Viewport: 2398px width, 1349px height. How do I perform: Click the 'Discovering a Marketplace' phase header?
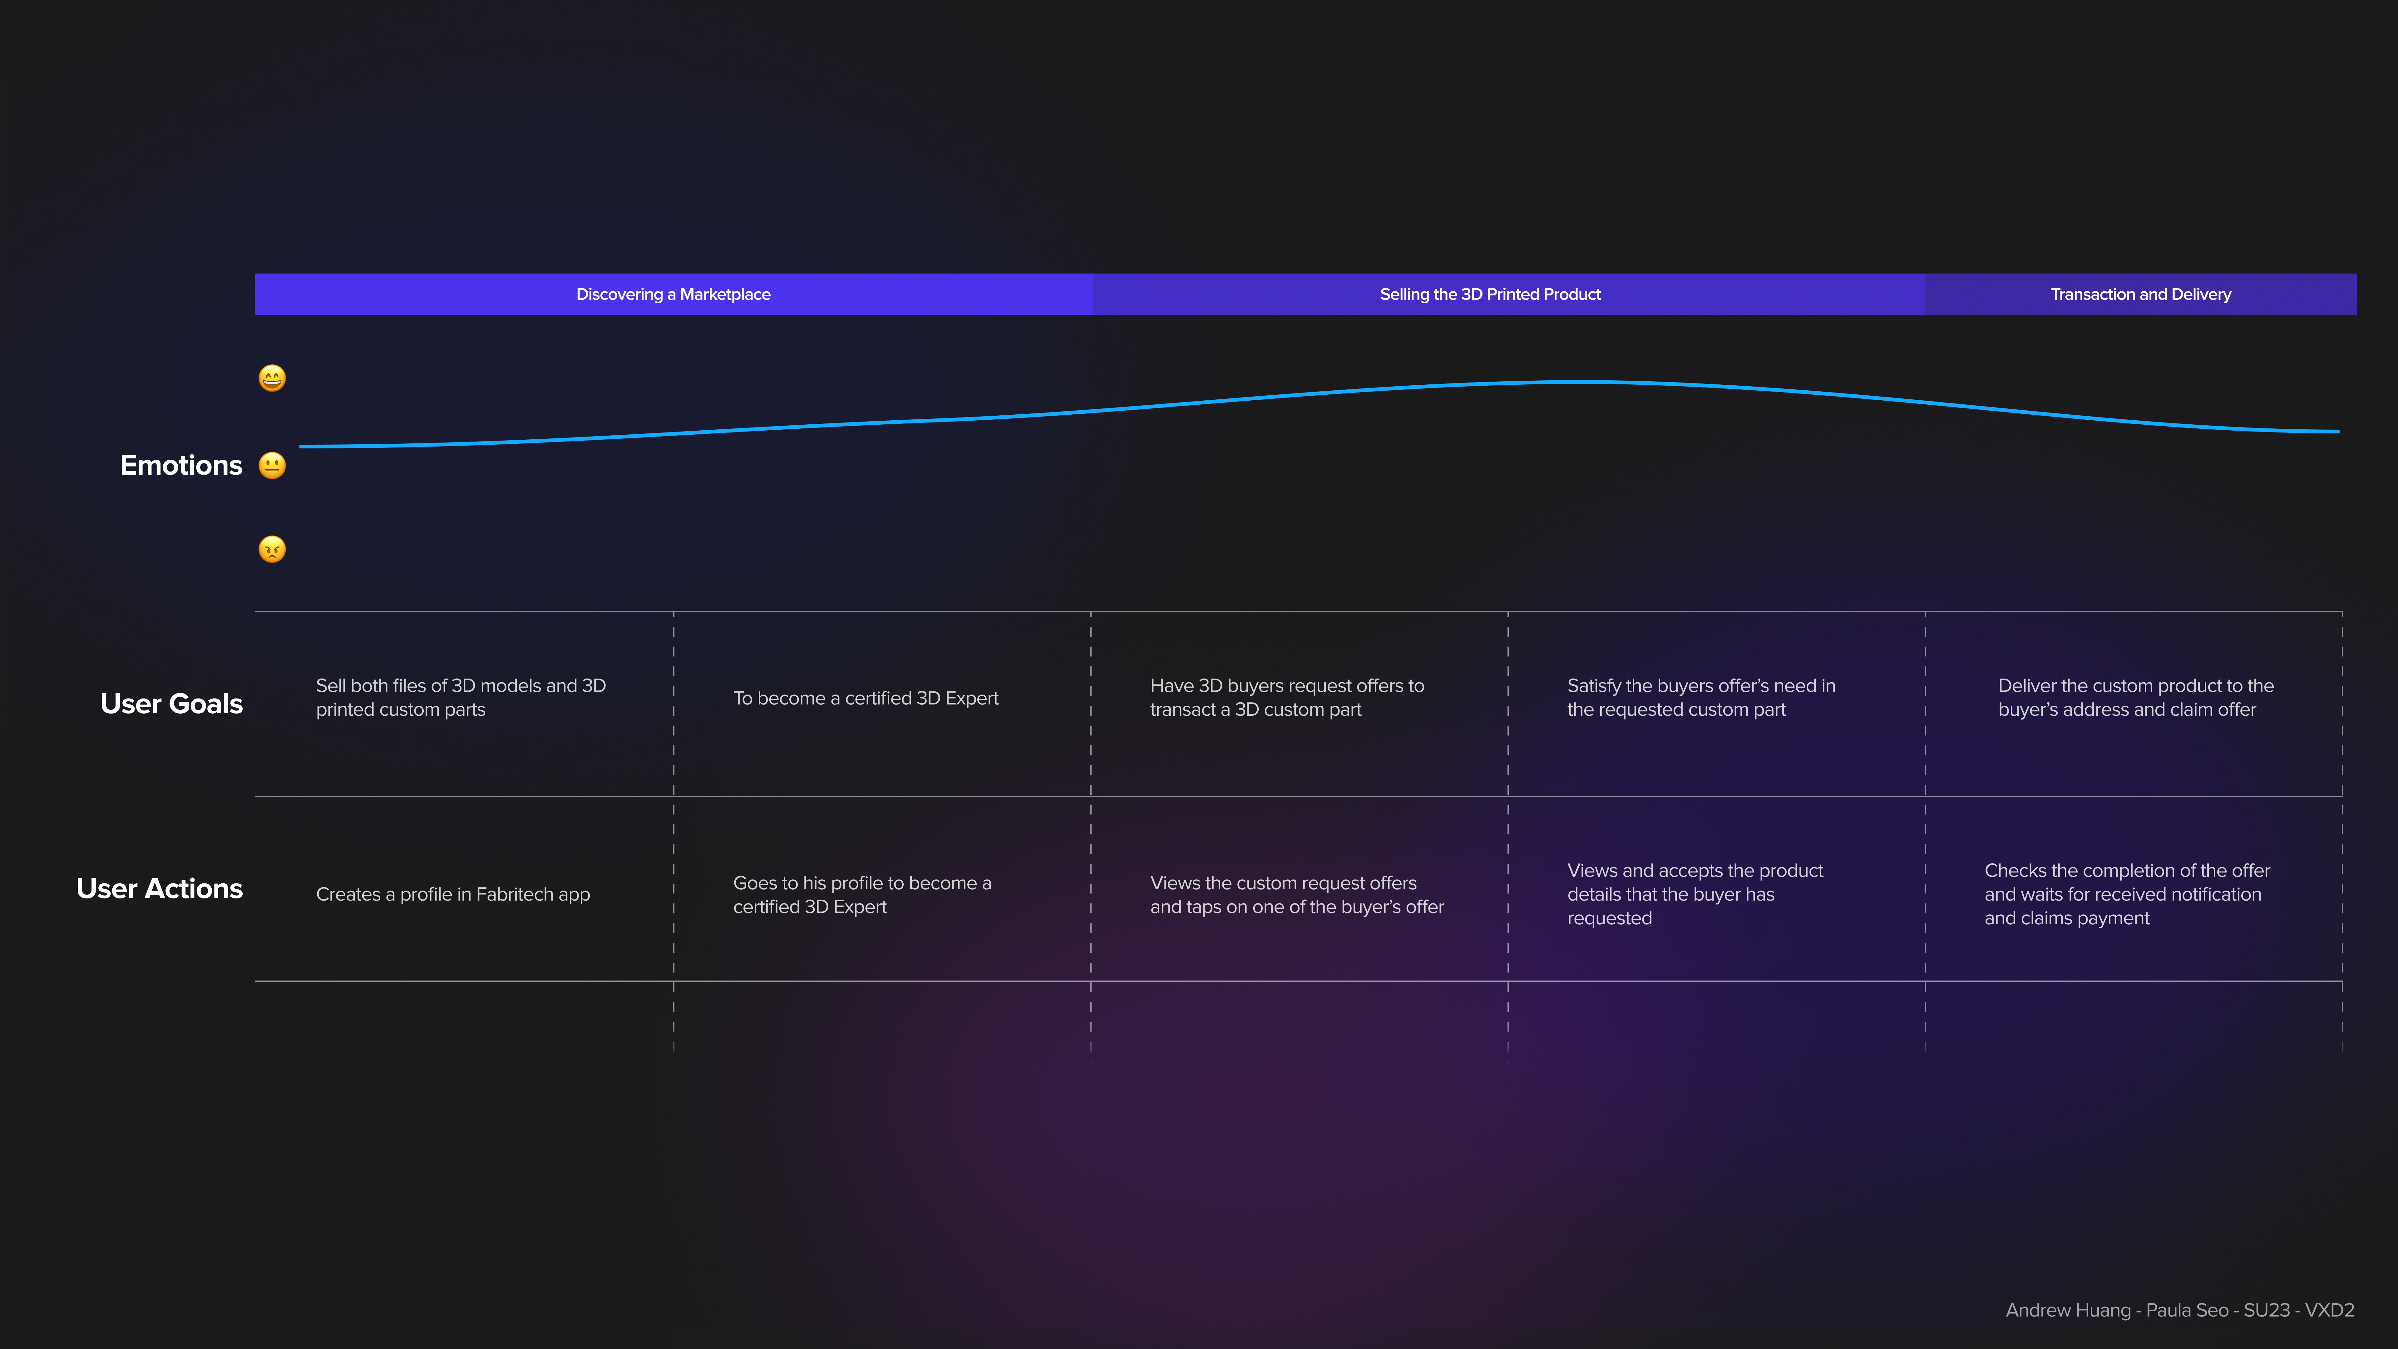(x=673, y=294)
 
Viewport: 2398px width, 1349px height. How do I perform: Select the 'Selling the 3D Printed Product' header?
(x=1489, y=294)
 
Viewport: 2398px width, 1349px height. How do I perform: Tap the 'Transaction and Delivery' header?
(x=2140, y=294)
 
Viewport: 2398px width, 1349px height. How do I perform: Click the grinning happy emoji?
(x=272, y=378)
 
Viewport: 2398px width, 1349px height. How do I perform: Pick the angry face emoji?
(x=272, y=549)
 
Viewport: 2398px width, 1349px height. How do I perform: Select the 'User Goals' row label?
(x=171, y=704)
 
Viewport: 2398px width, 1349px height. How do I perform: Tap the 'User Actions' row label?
(x=159, y=889)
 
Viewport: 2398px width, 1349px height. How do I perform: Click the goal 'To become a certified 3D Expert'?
(x=865, y=698)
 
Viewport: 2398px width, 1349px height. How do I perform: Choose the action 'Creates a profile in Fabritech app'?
(x=452, y=895)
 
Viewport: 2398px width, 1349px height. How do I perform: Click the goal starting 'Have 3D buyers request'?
(x=1286, y=697)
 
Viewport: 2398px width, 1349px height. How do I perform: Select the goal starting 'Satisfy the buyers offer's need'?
(x=1701, y=697)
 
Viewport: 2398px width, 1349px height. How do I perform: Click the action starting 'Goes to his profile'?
(x=861, y=895)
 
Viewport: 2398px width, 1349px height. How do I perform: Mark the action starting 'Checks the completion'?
(x=2126, y=895)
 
